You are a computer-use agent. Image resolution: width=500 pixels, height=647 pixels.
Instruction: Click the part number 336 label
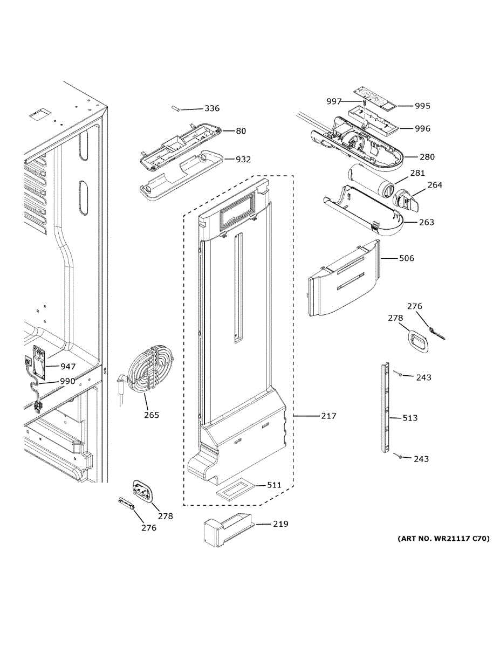211,108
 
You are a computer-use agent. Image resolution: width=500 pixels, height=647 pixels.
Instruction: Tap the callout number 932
243,160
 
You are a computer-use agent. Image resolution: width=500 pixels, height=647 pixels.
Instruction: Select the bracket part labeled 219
225,531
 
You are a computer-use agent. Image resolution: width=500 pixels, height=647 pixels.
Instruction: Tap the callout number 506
406,258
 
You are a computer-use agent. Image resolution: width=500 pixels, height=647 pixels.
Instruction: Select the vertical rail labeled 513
385,407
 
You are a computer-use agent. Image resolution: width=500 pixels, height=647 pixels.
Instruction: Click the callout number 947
68,367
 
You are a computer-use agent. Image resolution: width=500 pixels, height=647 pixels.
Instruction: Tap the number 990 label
67,381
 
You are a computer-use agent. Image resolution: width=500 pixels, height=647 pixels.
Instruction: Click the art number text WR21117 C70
443,538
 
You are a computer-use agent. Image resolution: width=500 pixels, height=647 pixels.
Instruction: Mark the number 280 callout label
427,157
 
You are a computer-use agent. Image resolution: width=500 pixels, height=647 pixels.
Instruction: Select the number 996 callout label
422,128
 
